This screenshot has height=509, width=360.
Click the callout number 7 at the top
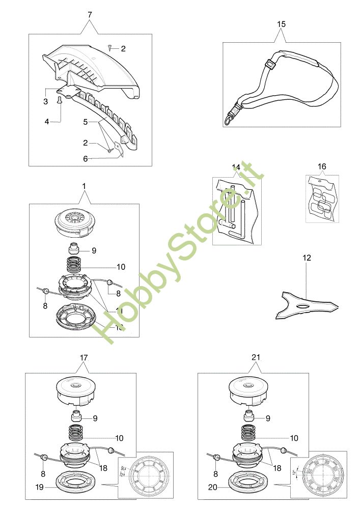tap(90, 15)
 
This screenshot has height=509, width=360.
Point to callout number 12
tap(307, 258)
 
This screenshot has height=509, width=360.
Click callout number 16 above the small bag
tap(322, 167)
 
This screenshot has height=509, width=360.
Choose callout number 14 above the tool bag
tap(236, 167)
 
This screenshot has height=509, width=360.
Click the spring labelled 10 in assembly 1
tap(75, 266)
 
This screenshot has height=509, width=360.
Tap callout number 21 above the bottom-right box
tap(256, 358)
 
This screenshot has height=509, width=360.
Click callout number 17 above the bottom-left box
tap(84, 358)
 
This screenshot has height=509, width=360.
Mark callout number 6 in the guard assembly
tap(86, 158)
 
